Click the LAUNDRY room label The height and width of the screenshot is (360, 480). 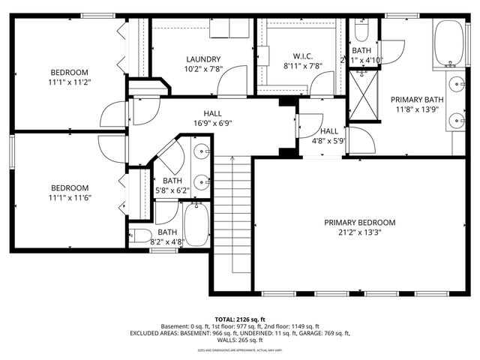(203, 59)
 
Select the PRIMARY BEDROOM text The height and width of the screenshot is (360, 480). (359, 223)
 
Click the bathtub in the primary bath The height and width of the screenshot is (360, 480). (450, 42)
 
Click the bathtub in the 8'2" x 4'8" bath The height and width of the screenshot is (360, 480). (196, 226)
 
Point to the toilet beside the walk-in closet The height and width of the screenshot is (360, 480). (361, 30)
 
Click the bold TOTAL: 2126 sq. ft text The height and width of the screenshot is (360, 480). (240, 319)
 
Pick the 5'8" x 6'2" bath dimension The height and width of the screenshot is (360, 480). (172, 190)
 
